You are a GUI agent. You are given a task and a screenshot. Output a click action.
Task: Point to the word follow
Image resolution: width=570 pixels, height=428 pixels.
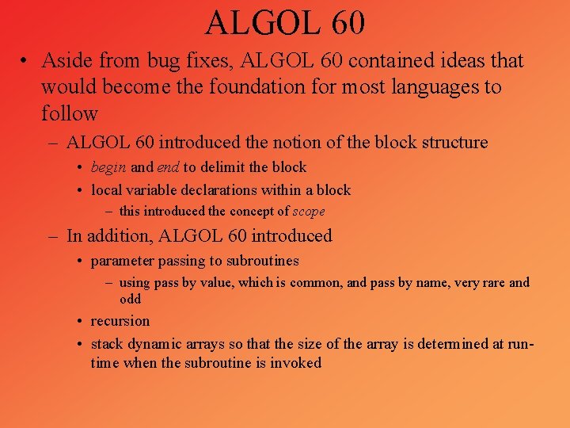click(x=70, y=113)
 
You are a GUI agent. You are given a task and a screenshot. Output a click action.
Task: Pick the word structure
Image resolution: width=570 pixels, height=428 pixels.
click(x=450, y=143)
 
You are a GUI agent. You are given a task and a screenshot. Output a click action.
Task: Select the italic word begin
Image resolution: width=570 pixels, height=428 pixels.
click(x=108, y=168)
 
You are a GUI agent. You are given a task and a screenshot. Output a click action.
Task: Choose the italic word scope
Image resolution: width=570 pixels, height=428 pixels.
click(x=309, y=212)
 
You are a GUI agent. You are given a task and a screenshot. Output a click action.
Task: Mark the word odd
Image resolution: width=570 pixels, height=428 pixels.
click(x=130, y=299)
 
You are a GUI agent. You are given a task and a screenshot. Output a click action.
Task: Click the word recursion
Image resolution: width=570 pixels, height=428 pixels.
click(x=120, y=321)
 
